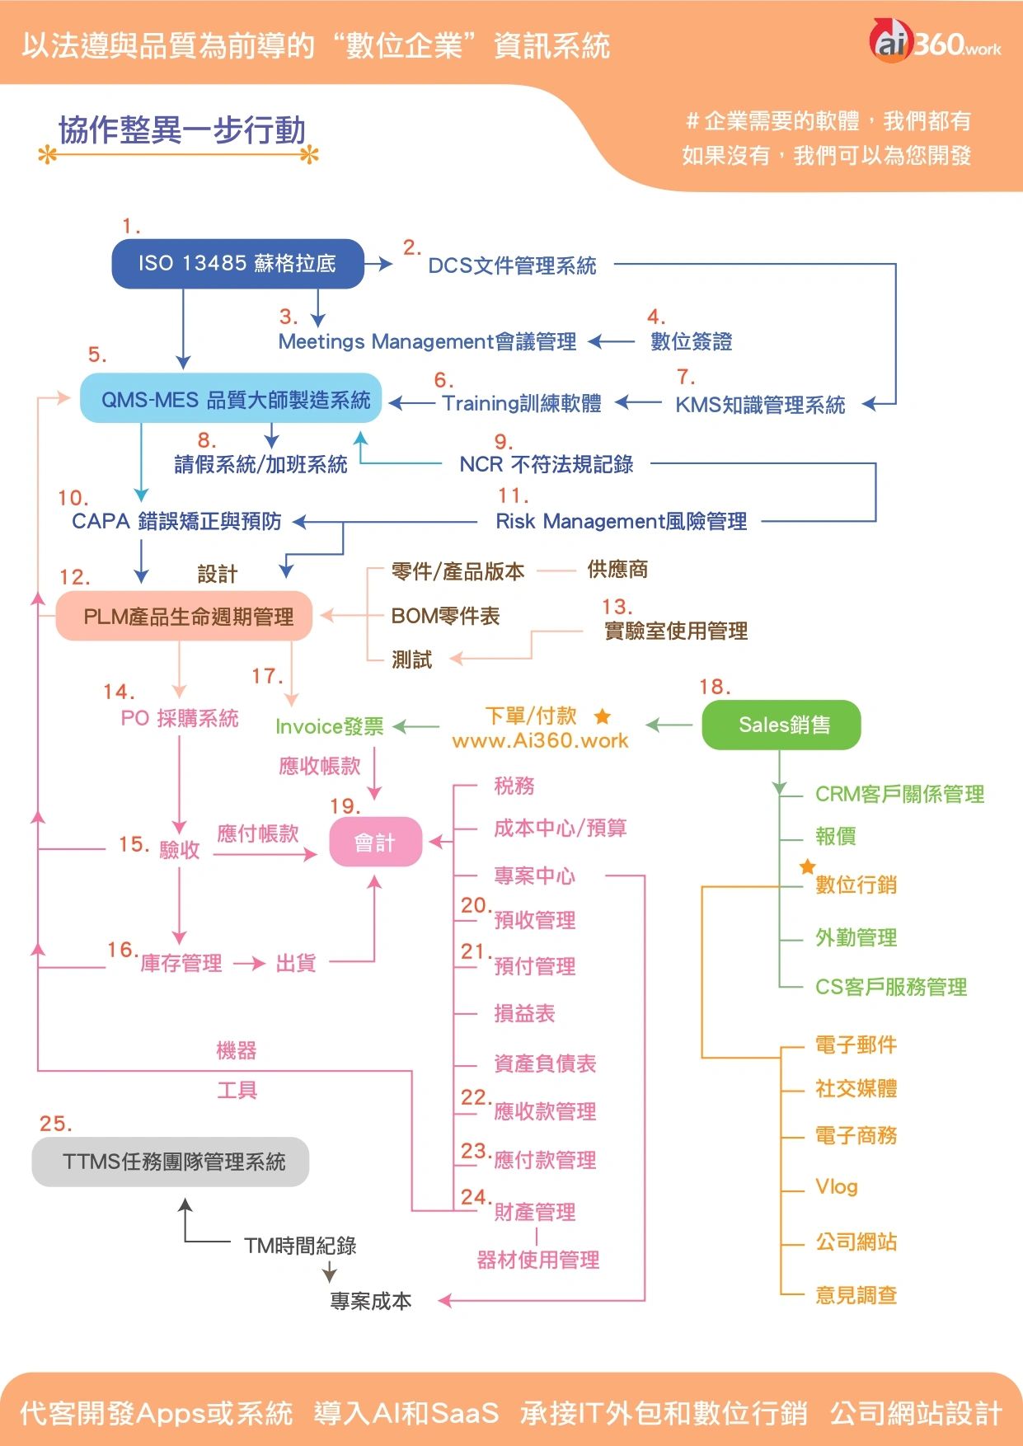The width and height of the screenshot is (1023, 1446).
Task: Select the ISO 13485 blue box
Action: coord(237,264)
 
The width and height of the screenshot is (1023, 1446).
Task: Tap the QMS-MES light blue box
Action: coord(231,399)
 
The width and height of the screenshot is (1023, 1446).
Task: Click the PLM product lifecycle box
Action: coord(185,617)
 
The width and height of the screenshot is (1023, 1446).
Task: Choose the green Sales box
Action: coord(781,725)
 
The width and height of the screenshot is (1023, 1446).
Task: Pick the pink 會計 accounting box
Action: coord(375,843)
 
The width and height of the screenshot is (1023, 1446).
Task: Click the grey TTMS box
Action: coord(171,1162)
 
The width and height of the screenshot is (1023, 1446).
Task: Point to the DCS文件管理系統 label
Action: coord(512,265)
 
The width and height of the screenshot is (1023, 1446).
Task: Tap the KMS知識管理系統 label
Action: coord(760,405)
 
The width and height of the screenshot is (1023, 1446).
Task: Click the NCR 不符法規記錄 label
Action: coord(547,464)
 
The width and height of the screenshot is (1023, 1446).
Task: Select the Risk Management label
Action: coord(621,521)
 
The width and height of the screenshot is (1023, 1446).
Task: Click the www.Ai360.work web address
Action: coord(540,740)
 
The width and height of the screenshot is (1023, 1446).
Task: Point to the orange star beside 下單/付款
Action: coord(603,716)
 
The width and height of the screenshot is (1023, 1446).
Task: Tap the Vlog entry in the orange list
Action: coord(836,1186)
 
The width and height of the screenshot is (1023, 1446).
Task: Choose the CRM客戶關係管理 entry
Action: coord(899,794)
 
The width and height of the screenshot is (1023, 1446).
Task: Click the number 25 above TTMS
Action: coord(55,1124)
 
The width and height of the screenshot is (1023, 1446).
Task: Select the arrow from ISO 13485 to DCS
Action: coord(378,264)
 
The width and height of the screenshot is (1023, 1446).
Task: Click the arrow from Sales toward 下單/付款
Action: coord(669,725)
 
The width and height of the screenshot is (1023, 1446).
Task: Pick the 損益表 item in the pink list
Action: coord(524,1013)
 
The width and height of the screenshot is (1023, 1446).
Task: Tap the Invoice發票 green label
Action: coord(330,726)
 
